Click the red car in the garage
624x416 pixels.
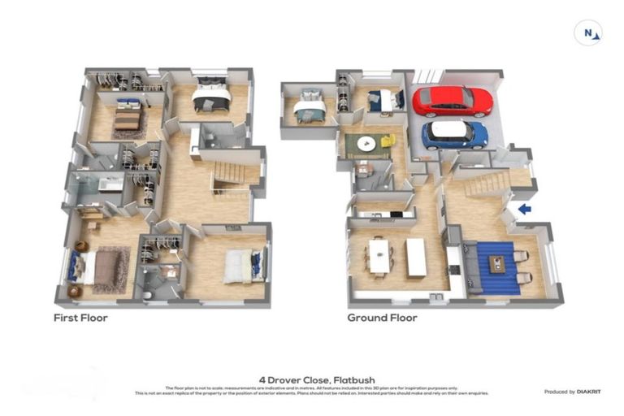tap(453, 102)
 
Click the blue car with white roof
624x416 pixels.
tap(454, 133)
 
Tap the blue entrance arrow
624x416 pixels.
tap(525, 209)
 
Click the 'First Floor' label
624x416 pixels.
tap(80, 318)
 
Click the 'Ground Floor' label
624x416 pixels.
tap(382, 318)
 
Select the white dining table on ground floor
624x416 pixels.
tap(379, 255)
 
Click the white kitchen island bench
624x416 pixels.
tap(415, 257)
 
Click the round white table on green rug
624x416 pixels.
tap(366, 144)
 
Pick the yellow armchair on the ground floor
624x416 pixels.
tap(388, 141)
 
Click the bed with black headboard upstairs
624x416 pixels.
tap(211, 100)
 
